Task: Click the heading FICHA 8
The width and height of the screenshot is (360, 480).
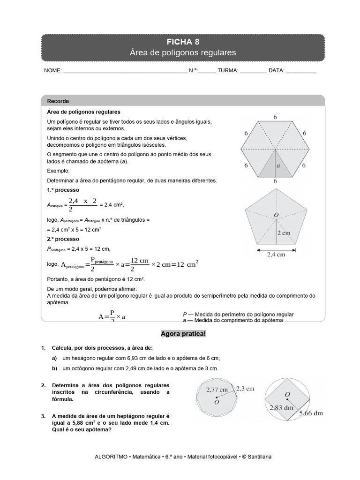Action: [x=182, y=42]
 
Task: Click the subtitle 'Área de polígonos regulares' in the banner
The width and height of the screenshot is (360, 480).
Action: [x=182, y=52]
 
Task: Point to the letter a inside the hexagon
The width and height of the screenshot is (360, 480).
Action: [x=278, y=165]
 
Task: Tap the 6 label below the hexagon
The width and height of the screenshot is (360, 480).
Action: [x=275, y=181]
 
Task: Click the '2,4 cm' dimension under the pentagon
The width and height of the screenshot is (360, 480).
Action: [x=275, y=256]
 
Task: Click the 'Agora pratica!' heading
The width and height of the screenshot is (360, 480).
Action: [x=183, y=334]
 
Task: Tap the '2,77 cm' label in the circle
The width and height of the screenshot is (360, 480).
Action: [x=217, y=390]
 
